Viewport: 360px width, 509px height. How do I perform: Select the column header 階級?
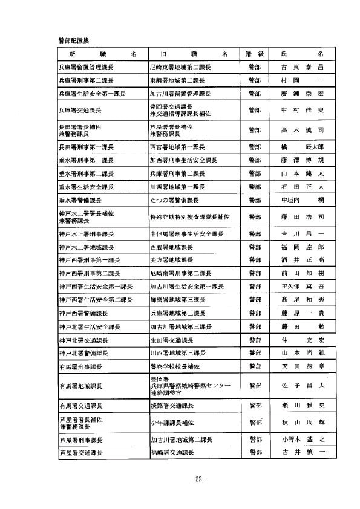252,54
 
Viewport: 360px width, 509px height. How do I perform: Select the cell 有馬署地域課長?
80,386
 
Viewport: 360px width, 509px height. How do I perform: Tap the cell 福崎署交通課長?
172,452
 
